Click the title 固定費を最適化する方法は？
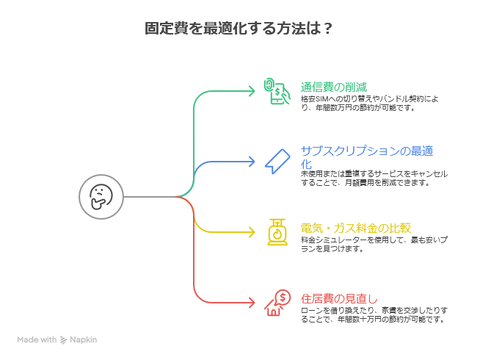239,29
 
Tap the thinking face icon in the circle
101,197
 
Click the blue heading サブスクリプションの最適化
366,157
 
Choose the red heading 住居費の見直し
339,298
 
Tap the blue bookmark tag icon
277,161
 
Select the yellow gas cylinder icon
277,231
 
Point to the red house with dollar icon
277,302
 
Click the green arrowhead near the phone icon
252,91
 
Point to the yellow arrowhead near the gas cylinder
252,232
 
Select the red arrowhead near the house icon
252,303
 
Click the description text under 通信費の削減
369,102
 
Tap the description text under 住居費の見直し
373,314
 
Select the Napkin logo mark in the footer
64,340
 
